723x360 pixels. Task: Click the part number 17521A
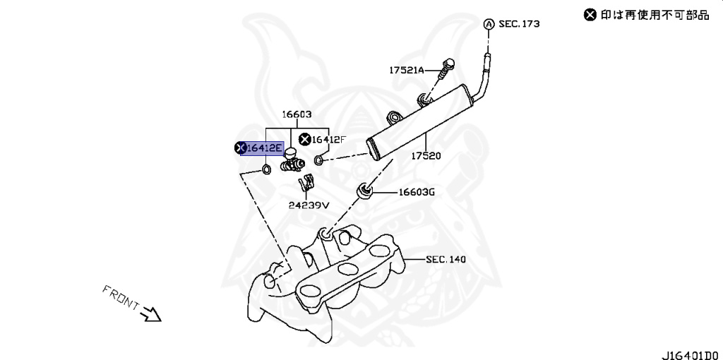(406, 70)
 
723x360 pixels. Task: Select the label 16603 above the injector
(297, 114)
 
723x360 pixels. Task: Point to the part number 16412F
(330, 140)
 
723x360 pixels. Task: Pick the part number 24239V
(309, 205)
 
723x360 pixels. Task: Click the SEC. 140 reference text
(446, 260)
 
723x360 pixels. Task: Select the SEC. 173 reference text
(519, 24)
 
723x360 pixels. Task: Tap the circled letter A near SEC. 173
(488, 24)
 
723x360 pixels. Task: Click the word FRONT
(121, 298)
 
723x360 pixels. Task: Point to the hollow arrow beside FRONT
(151, 313)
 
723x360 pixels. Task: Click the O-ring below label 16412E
(266, 169)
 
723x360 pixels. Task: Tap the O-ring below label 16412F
(318, 160)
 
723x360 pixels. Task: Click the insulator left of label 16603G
(364, 189)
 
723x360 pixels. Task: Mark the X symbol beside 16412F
(305, 139)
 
